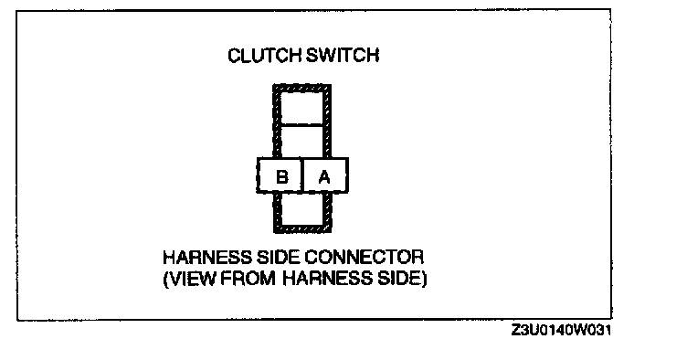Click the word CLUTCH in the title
pyautogui.click(x=264, y=56)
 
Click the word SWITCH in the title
pyautogui.click(x=343, y=56)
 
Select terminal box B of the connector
pyautogui.click(x=280, y=175)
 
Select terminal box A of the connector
pyautogui.click(x=325, y=175)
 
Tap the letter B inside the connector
pyautogui.click(x=282, y=177)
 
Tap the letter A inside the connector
pyautogui.click(x=324, y=177)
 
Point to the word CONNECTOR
pyautogui.click(x=365, y=257)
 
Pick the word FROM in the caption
pyautogui.click(x=248, y=279)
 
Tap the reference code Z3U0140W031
pyautogui.click(x=561, y=330)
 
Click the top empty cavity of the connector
pyautogui.click(x=302, y=108)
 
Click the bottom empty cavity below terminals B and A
pyautogui.click(x=302, y=209)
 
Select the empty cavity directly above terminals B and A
pyautogui.click(x=302, y=142)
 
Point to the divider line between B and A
pyautogui.click(x=302, y=175)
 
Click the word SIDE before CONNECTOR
pyautogui.click(x=279, y=257)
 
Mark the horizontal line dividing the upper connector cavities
pyautogui.click(x=302, y=125)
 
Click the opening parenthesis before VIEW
pyautogui.click(x=165, y=279)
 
